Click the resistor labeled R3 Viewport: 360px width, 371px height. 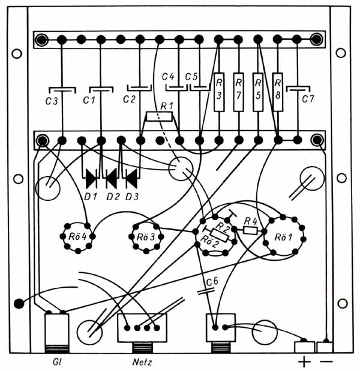[219, 92]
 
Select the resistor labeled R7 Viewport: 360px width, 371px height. [238, 92]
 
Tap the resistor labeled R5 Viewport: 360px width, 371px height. [258, 92]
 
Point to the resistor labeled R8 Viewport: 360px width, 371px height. [278, 92]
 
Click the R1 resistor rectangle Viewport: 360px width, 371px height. [160, 116]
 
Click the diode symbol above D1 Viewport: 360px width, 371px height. [91, 179]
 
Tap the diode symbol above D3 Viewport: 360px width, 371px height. [131, 179]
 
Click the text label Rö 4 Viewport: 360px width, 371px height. [77, 236]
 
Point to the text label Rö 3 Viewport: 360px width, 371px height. [146, 237]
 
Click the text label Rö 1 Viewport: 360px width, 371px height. [283, 237]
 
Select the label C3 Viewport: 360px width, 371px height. [52, 101]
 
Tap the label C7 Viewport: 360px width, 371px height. [308, 99]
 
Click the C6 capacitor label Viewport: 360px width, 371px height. [212, 282]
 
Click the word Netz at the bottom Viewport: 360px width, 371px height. [142, 362]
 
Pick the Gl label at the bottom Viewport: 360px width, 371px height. [57, 362]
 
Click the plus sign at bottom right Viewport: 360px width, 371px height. [304, 362]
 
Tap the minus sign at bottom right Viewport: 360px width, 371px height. [326, 361]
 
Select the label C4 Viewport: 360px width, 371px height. [168, 77]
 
